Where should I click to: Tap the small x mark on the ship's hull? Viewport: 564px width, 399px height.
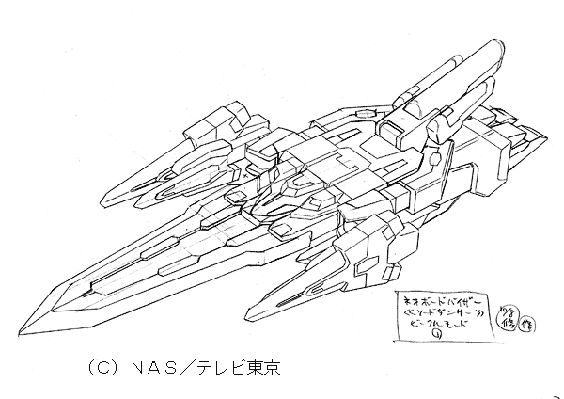[248, 175]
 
